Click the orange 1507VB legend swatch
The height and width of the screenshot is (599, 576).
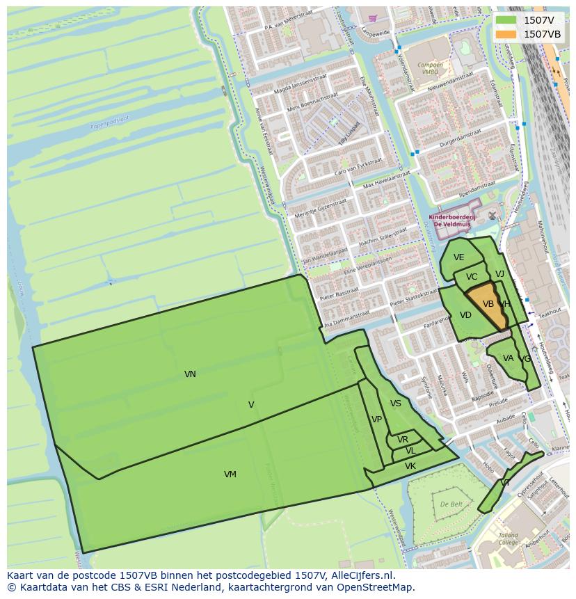506,34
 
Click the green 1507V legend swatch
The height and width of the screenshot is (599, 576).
506,20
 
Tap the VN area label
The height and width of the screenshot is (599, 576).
190,374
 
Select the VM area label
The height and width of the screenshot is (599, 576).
230,474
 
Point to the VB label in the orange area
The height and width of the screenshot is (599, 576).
488,304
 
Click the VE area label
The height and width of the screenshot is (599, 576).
458,257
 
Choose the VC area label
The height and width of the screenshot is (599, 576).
472,277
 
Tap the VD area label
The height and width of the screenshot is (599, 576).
465,315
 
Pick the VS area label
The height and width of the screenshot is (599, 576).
395,404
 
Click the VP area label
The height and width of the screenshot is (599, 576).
376,420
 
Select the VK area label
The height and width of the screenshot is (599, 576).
410,466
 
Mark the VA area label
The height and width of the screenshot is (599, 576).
508,358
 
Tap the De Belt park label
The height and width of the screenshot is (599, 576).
451,504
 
